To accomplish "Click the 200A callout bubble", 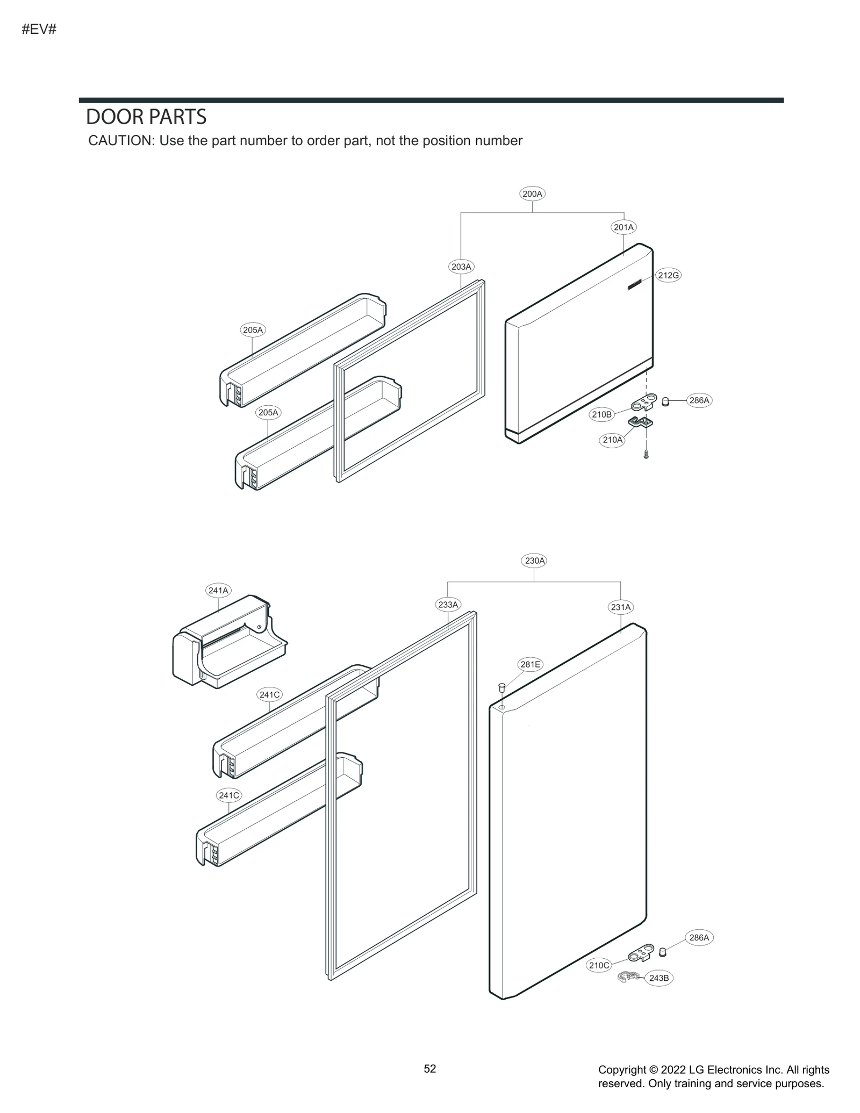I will coord(532,193).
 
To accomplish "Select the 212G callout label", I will coord(668,275).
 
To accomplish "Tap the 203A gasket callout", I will coord(461,267).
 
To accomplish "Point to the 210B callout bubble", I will coord(601,414).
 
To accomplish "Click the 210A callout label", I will coord(612,440).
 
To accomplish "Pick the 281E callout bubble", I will coord(530,664).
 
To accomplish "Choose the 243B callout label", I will coord(658,978).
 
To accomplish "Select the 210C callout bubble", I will coord(599,965).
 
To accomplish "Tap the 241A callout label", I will coord(218,590).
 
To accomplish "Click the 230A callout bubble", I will coord(535,561).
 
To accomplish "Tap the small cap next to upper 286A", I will coord(665,401).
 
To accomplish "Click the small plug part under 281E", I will coord(502,688).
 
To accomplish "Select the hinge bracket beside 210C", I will coord(641,953).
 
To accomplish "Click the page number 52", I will coord(430,1068).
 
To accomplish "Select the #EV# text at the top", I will coord(39,29).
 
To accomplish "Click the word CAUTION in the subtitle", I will coord(121,141).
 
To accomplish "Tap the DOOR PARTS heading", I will coord(146,117).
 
